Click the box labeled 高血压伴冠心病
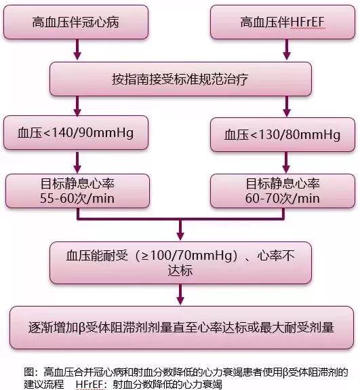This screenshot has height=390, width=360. pos(76,22)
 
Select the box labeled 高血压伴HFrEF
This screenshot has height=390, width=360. pos(283,22)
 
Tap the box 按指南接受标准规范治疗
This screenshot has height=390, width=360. pos(180,79)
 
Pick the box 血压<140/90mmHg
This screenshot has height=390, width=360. pos(76,132)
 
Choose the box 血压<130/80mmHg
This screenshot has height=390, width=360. pos(283,134)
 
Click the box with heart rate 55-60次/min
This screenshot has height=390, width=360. pos(77,191)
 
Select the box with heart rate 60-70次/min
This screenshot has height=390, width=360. pos(283,191)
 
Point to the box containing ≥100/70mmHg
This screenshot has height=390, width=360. pos(180,263)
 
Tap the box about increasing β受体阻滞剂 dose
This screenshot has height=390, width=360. pos(182,328)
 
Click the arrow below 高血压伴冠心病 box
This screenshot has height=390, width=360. pos(77,50)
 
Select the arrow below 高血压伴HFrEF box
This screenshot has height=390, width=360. pos(287,50)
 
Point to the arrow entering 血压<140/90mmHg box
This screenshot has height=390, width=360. pos(77,106)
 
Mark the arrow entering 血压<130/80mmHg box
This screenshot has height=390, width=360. pos(287,106)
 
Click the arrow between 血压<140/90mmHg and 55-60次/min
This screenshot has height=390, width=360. pos(77,162)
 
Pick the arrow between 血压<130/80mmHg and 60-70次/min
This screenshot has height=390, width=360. pos(286,162)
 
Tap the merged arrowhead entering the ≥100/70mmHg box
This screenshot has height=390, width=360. pos(180,236)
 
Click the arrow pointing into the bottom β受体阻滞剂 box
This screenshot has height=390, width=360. pos(180,294)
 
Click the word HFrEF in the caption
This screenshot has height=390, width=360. pos(89,385)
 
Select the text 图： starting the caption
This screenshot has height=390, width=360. pos(32,372)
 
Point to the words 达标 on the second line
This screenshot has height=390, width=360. pos(180,271)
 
